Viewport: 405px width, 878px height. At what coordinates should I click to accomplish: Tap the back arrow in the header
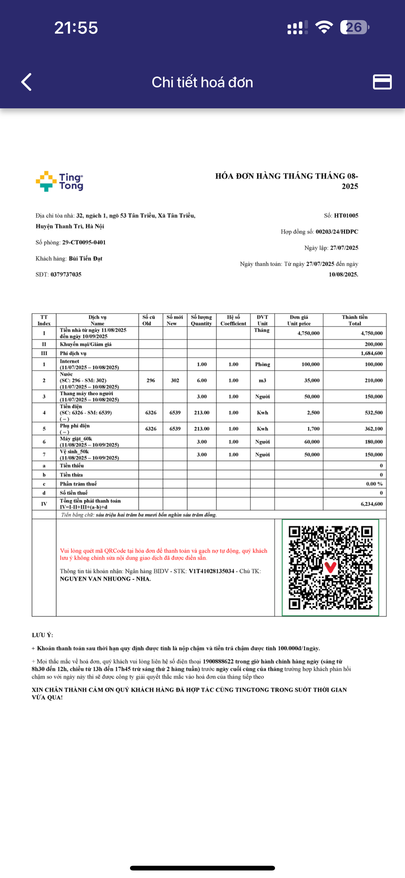pos(27,82)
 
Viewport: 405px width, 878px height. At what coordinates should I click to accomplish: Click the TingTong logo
pos(60,181)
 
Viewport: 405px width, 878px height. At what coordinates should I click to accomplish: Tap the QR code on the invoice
pos(330,567)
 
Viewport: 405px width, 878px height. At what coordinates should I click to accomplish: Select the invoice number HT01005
pos(346,215)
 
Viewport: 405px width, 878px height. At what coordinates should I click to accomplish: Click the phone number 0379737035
pos(66,274)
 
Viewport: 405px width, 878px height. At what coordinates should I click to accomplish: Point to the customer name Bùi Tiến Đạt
pos(86,258)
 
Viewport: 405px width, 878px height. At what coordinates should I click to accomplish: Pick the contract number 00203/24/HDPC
pos(337,232)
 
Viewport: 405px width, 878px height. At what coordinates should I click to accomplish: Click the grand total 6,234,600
pos(372,504)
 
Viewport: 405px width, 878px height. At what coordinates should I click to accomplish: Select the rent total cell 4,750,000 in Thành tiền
pos(372,333)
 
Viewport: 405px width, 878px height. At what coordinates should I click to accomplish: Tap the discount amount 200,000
pos(374,344)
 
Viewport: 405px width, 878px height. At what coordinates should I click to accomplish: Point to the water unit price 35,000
pos(311,380)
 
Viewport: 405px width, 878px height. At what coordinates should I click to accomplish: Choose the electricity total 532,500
pos(374,412)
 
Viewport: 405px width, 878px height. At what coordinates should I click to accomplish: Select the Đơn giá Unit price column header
pos(299,320)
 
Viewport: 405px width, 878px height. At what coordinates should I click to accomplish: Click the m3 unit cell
pos(262,380)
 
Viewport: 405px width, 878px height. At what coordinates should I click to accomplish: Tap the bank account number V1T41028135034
pos(211,571)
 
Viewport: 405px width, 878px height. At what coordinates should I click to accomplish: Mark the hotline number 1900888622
pos(218,661)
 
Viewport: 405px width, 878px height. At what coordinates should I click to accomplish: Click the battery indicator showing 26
pos(354,27)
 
